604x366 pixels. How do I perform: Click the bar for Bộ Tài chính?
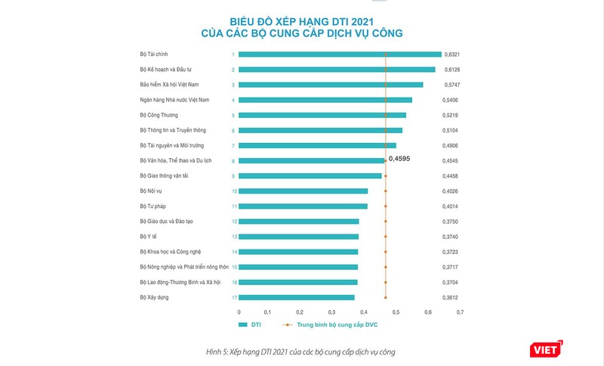340,54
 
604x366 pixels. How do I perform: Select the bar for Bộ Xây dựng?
297,297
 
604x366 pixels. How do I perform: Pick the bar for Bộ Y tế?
299,237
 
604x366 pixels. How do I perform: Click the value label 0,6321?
452,54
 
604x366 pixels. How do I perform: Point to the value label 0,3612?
452,297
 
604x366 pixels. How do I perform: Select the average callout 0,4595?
401,159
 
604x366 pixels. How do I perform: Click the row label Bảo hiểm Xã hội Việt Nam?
171,85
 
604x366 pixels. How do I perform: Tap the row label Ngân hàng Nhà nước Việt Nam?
174,100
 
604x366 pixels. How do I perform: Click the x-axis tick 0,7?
459,312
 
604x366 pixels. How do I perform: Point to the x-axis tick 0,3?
333,312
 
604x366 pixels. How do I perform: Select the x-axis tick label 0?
239,312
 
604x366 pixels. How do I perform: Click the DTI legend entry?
249,324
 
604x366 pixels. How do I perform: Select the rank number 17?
234,297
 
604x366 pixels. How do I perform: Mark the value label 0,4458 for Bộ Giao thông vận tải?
452,175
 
